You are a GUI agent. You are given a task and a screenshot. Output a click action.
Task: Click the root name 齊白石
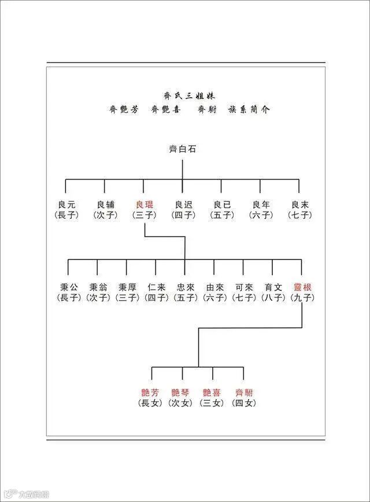tap(182, 150)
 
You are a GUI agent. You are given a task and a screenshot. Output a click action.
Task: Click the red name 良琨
tap(144, 205)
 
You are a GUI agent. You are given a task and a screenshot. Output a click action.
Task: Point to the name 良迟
tap(183, 205)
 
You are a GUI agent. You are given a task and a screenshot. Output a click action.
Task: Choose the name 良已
tap(221, 205)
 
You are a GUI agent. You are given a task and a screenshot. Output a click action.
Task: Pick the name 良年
tap(261, 205)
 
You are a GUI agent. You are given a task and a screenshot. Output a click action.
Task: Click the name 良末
tap(299, 205)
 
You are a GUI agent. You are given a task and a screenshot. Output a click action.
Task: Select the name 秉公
tap(68, 287)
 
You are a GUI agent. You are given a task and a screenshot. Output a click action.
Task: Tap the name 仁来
tap(156, 287)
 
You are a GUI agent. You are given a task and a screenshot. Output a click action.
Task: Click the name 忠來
tap(185, 287)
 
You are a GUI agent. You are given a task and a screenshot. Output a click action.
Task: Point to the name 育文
tap(273, 287)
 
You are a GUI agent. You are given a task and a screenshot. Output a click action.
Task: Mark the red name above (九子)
tap(302, 287)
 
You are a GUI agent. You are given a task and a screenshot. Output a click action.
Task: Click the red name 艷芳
tap(151, 393)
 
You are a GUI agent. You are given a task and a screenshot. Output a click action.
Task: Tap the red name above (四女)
tap(243, 393)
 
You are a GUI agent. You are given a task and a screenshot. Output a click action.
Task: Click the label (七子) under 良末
tap(299, 215)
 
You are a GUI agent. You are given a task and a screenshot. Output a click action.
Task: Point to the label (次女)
tap(182, 403)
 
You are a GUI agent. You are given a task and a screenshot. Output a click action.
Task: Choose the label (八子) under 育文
tap(273, 298)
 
